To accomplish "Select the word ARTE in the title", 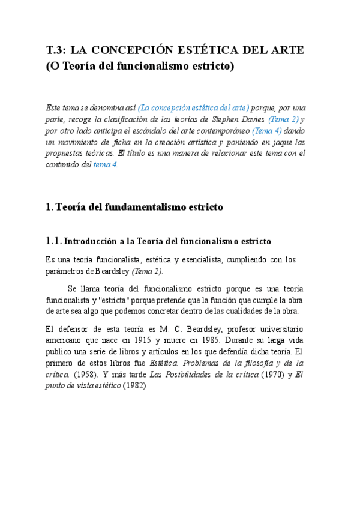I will click(x=287, y=50).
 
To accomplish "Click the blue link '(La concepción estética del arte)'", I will click(x=193, y=108).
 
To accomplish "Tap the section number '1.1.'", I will click(x=53, y=241).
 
